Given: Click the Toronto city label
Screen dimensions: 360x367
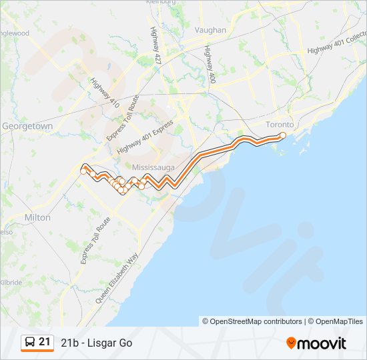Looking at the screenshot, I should (x=280, y=125).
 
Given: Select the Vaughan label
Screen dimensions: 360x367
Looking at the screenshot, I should (x=210, y=30).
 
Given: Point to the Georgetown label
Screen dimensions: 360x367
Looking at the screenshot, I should (x=27, y=126).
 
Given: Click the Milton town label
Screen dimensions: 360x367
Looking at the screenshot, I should (x=37, y=218).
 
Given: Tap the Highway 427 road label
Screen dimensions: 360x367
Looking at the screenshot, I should (x=157, y=45).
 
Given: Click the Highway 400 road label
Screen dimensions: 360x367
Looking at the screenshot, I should (x=210, y=64).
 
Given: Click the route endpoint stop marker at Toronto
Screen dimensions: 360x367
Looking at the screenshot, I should (x=282, y=135).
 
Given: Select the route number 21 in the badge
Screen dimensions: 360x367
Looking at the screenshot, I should (x=45, y=342).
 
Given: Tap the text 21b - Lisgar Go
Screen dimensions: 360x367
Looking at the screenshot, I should (x=97, y=343).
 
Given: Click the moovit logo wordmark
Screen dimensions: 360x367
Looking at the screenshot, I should (x=322, y=343).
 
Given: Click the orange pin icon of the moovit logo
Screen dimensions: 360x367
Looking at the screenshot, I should (x=291, y=343).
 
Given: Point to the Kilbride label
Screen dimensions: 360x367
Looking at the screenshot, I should (x=11, y=283).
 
